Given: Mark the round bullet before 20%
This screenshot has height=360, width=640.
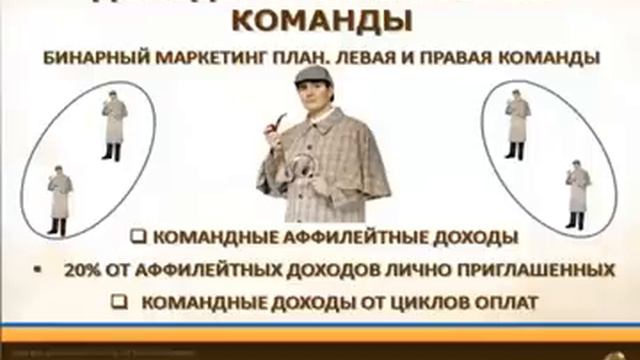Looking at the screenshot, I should coord(37,270).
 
